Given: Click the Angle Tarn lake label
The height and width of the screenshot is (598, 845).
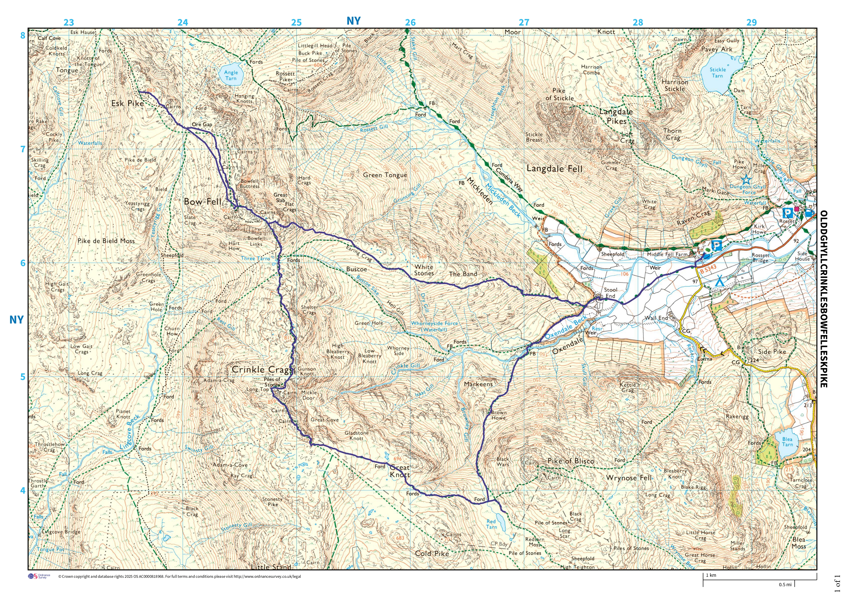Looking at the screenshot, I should pos(231,75).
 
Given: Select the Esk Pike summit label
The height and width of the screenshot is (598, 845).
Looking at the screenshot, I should pos(127,103).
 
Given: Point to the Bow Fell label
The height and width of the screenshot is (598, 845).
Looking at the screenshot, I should pos(202,202).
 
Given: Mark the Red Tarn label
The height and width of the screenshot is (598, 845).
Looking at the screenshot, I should pos(491,524).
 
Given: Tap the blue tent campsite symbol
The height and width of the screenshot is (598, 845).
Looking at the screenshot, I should pos(719,281).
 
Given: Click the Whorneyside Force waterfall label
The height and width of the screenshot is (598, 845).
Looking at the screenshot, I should pos(434,326).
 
